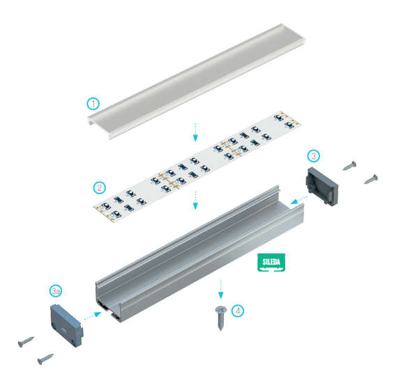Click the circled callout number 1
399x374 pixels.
[93, 104]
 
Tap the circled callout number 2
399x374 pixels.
[100, 187]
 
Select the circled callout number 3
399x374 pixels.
[313, 156]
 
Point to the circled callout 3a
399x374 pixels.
[56, 291]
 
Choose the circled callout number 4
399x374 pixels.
[238, 311]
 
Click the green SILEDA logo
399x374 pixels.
[271, 263]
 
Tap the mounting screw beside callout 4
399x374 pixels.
[221, 318]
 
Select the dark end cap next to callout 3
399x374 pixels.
[322, 186]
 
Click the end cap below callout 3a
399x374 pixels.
[66, 325]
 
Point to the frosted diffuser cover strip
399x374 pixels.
[197, 81]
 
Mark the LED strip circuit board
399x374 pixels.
[197, 166]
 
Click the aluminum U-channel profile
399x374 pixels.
[200, 254]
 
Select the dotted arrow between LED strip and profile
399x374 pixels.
[195, 200]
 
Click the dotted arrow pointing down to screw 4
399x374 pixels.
[221, 290]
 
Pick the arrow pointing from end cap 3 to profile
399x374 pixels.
[299, 199]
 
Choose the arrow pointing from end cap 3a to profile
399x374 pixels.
[93, 315]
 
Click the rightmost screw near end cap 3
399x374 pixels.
[371, 179]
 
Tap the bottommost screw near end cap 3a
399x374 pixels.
[45, 359]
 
